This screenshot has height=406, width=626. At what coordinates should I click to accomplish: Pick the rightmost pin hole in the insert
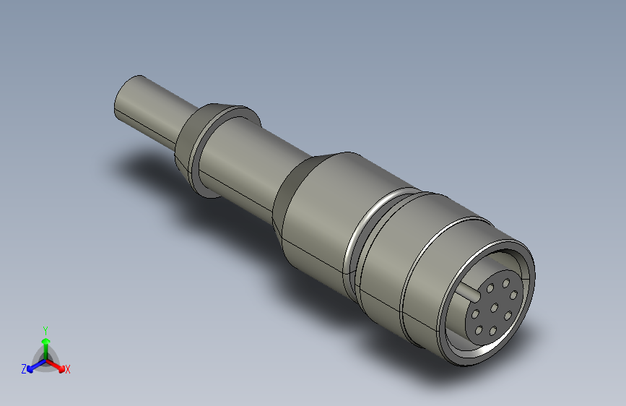pos(514,295)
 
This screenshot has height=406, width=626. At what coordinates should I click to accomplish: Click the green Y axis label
pos(45,329)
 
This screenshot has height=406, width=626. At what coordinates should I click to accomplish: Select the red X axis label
pos(68,370)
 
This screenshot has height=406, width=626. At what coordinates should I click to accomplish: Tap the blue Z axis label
pos(24,369)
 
